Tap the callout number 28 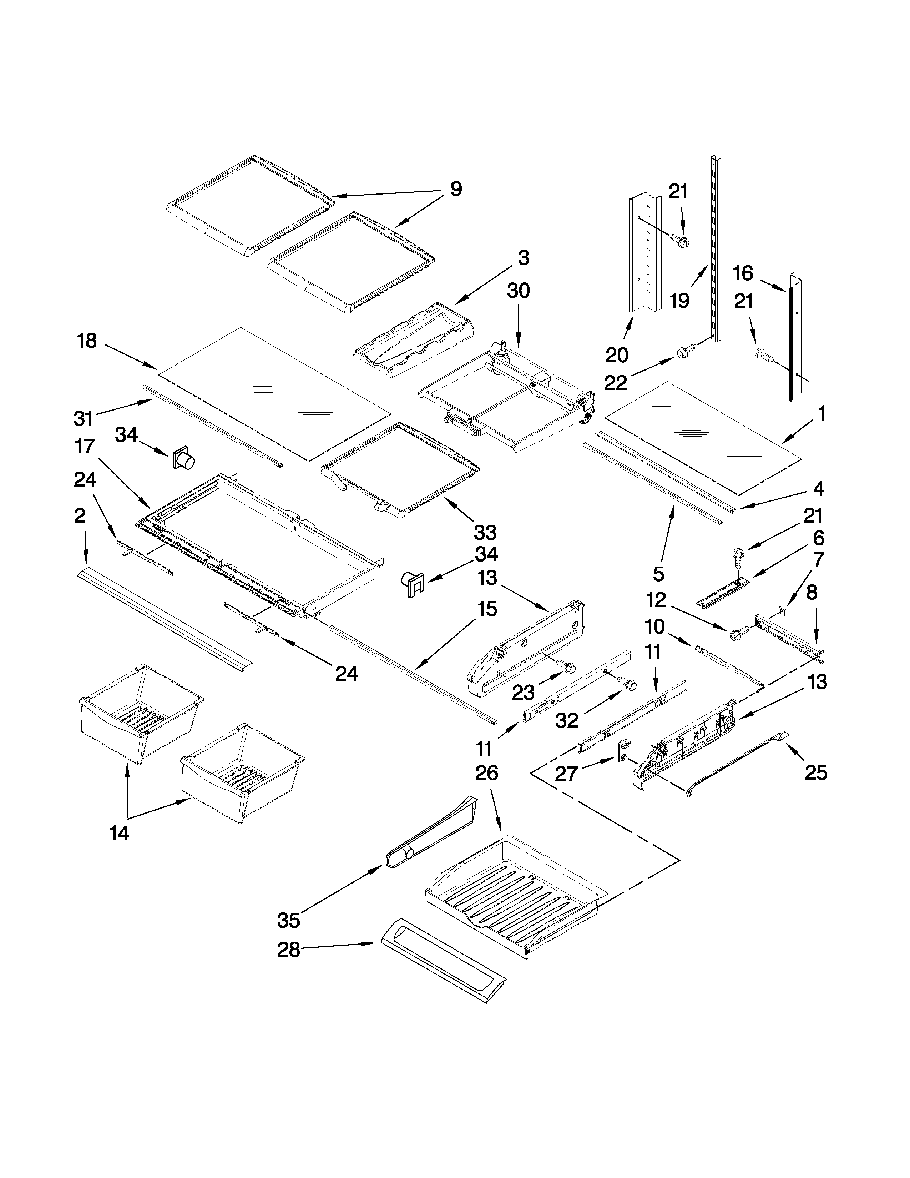coord(288,965)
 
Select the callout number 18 coord(87,341)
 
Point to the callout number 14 coord(119,833)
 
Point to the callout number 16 coord(743,273)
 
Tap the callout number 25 coord(816,772)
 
